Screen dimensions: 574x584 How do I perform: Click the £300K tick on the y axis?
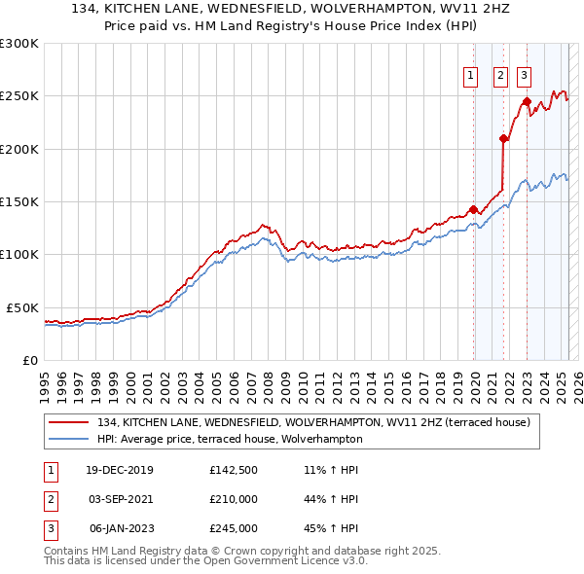click(19, 44)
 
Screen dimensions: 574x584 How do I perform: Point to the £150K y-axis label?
click(19, 201)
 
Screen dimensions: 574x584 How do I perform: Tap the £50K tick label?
click(23, 307)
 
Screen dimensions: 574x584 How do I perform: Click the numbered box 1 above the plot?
click(471, 76)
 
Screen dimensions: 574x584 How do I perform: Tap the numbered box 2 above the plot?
click(500, 76)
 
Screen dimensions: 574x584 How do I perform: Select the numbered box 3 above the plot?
click(524, 76)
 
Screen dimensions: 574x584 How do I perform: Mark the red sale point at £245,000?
click(527, 101)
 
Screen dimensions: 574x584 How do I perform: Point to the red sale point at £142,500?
click(474, 209)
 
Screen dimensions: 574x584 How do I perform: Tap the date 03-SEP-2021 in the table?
click(121, 499)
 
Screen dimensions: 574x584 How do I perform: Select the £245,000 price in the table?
click(234, 528)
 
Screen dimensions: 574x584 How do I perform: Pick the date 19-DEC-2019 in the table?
click(121, 470)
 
